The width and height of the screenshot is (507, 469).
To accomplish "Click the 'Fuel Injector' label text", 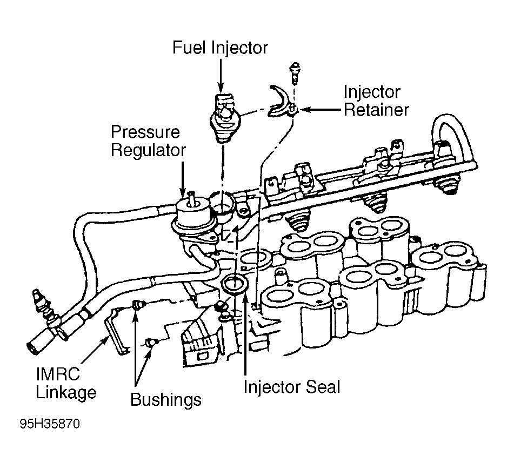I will tap(220, 48).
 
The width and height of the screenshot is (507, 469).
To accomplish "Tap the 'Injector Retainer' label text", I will tap(376, 100).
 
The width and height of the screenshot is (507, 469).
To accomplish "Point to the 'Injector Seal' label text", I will tap(292, 387).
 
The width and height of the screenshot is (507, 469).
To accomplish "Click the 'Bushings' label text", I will tap(166, 400).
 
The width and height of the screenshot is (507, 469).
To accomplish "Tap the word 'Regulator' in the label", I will tap(148, 150).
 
